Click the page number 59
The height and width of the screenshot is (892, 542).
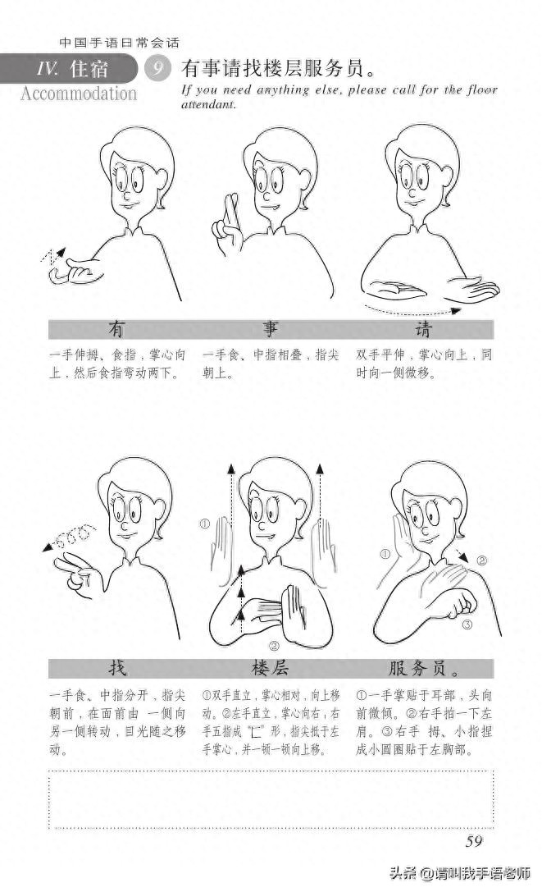473,841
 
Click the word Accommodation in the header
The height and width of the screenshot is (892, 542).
79,93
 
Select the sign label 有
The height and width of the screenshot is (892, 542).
116,330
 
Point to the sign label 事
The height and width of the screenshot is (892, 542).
270,330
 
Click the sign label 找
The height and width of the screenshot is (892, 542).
116,667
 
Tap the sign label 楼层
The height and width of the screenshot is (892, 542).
270,667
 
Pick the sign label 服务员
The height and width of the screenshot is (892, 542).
425,667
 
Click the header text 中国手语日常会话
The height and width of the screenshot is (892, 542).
120,43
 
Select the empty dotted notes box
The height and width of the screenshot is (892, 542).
271,799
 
